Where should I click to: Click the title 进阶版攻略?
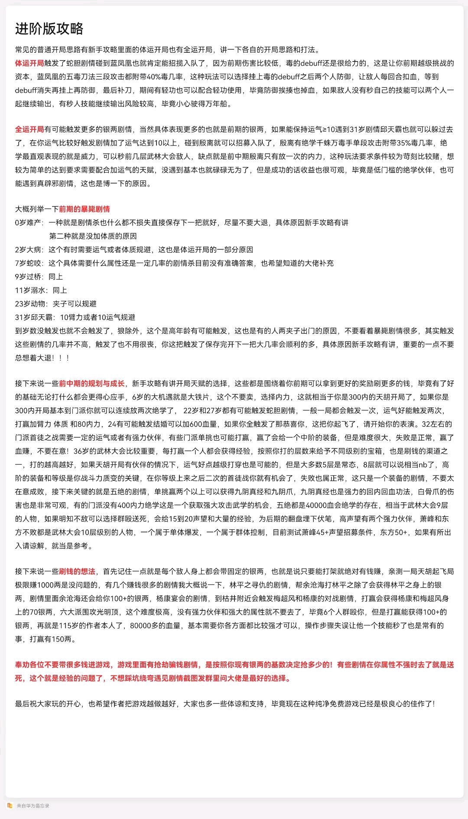pos(49,29)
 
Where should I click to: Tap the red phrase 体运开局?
pos(29,63)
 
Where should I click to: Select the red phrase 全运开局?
pos(29,129)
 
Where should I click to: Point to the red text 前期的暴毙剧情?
pos(84,209)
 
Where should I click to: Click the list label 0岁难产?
pos(29,222)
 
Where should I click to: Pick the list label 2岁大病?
pos(29,250)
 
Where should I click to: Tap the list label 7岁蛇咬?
pos(29,263)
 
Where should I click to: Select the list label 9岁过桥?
pos(29,277)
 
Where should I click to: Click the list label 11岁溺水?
pos(31,290)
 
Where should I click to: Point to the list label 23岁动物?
pos(31,304)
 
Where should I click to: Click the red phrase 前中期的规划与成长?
pos(92,384)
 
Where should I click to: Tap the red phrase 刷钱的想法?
pos(77,571)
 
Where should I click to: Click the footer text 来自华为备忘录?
pos(33,806)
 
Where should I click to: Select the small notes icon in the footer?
pos(10,805)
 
